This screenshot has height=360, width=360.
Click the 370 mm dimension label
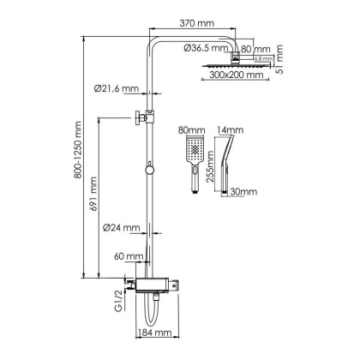coord(196,23)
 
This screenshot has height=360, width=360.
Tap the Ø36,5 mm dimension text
coord(206,48)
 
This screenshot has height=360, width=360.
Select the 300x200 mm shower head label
coord(236,75)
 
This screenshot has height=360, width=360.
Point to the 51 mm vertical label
coord(279,59)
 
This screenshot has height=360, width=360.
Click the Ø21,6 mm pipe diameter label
coord(117,88)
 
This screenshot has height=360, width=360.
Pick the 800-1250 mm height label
coord(77,150)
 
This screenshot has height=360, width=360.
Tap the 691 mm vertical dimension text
coord(93,194)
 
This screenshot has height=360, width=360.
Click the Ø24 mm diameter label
coord(122,228)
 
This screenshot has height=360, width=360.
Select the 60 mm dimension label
coord(129,256)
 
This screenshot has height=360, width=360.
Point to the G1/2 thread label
coord(118,301)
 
